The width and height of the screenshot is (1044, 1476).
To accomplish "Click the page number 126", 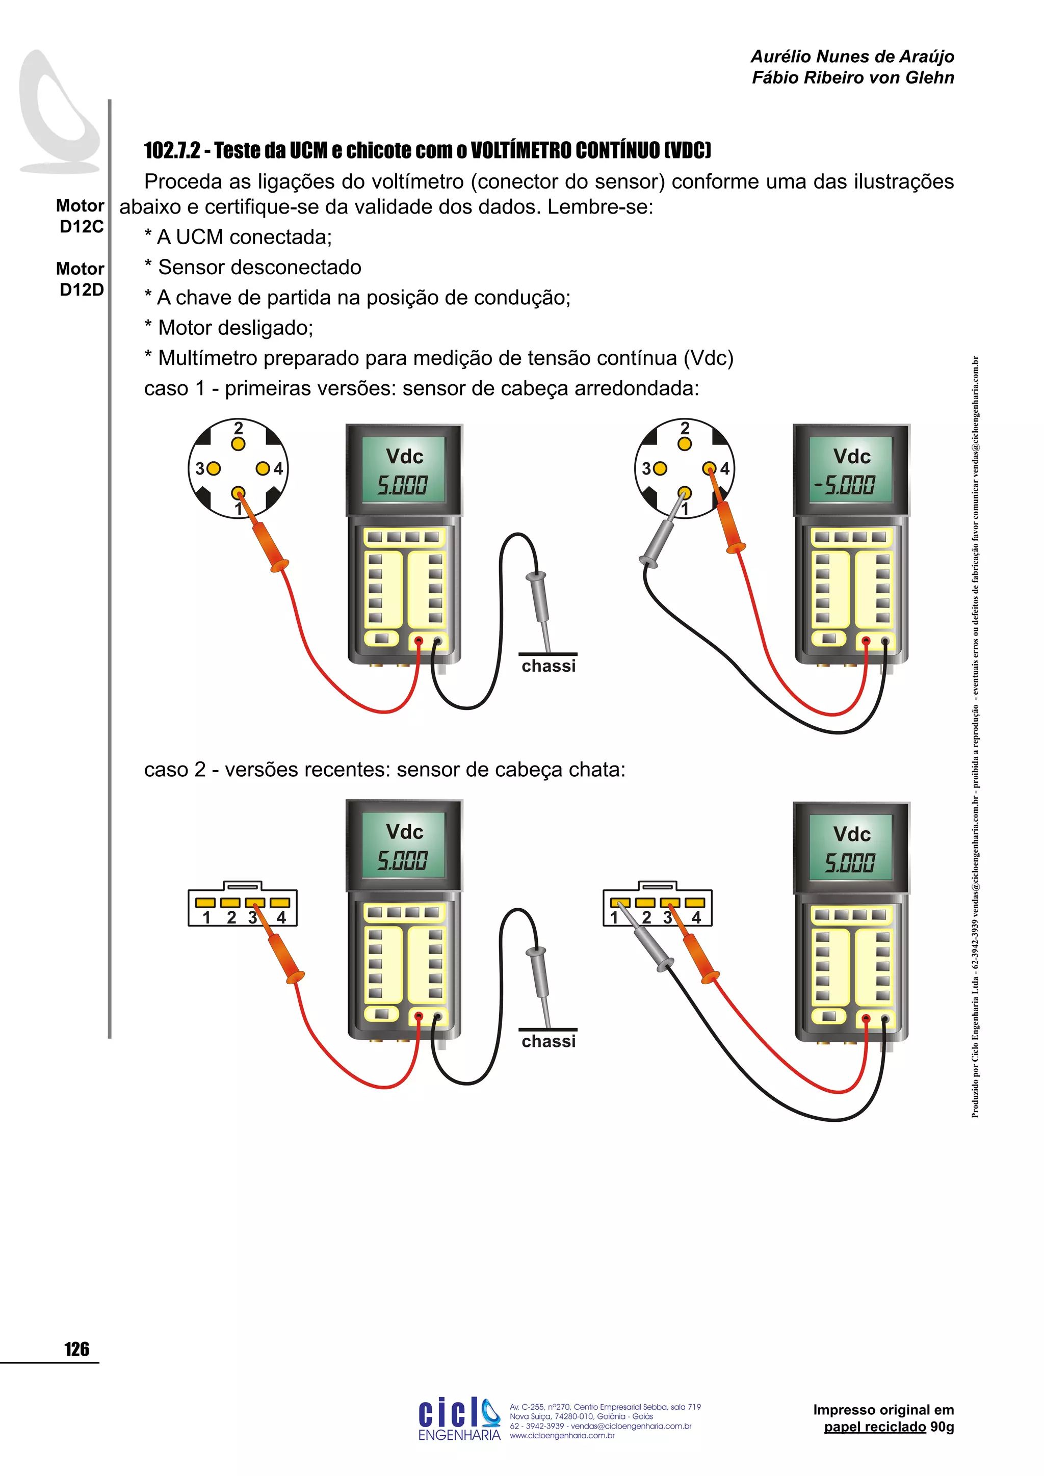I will point(76,1349).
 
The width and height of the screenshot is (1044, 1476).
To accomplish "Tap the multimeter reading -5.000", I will point(844,485).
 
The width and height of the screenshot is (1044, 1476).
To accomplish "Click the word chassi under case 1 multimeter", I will point(549,666).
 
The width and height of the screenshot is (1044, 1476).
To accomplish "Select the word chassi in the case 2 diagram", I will point(549,1041).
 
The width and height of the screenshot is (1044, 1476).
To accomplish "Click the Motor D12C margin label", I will point(81,216).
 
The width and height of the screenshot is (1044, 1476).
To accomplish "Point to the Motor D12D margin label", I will point(81,279).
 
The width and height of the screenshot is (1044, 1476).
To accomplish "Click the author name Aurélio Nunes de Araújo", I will point(852,57).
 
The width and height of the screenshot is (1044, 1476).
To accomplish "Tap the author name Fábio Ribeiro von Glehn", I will point(852,78).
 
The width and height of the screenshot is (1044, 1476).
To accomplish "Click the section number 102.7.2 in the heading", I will point(172,150).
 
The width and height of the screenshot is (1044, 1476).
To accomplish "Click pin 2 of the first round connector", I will point(239,443).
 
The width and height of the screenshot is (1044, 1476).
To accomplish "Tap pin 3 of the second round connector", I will point(660,469).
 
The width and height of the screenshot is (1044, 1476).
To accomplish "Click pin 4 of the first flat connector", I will point(280,903).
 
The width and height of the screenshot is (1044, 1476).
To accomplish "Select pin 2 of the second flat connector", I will point(645,903).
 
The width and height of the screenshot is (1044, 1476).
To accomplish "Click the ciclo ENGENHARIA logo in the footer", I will point(459,1419).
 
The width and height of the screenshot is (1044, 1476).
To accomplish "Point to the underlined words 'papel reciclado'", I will point(874,1427).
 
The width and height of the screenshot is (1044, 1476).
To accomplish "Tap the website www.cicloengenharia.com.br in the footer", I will point(562,1435).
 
